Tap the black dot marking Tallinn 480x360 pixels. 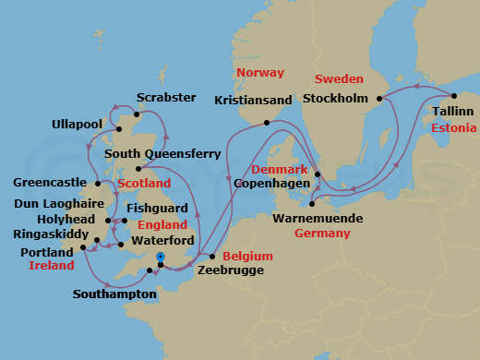(x=454, y=95)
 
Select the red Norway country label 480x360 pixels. (x=259, y=72)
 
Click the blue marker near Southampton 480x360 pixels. (x=160, y=257)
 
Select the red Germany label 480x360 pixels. (x=323, y=234)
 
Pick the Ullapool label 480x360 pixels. (x=79, y=123)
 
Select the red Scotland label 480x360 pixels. (x=144, y=184)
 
